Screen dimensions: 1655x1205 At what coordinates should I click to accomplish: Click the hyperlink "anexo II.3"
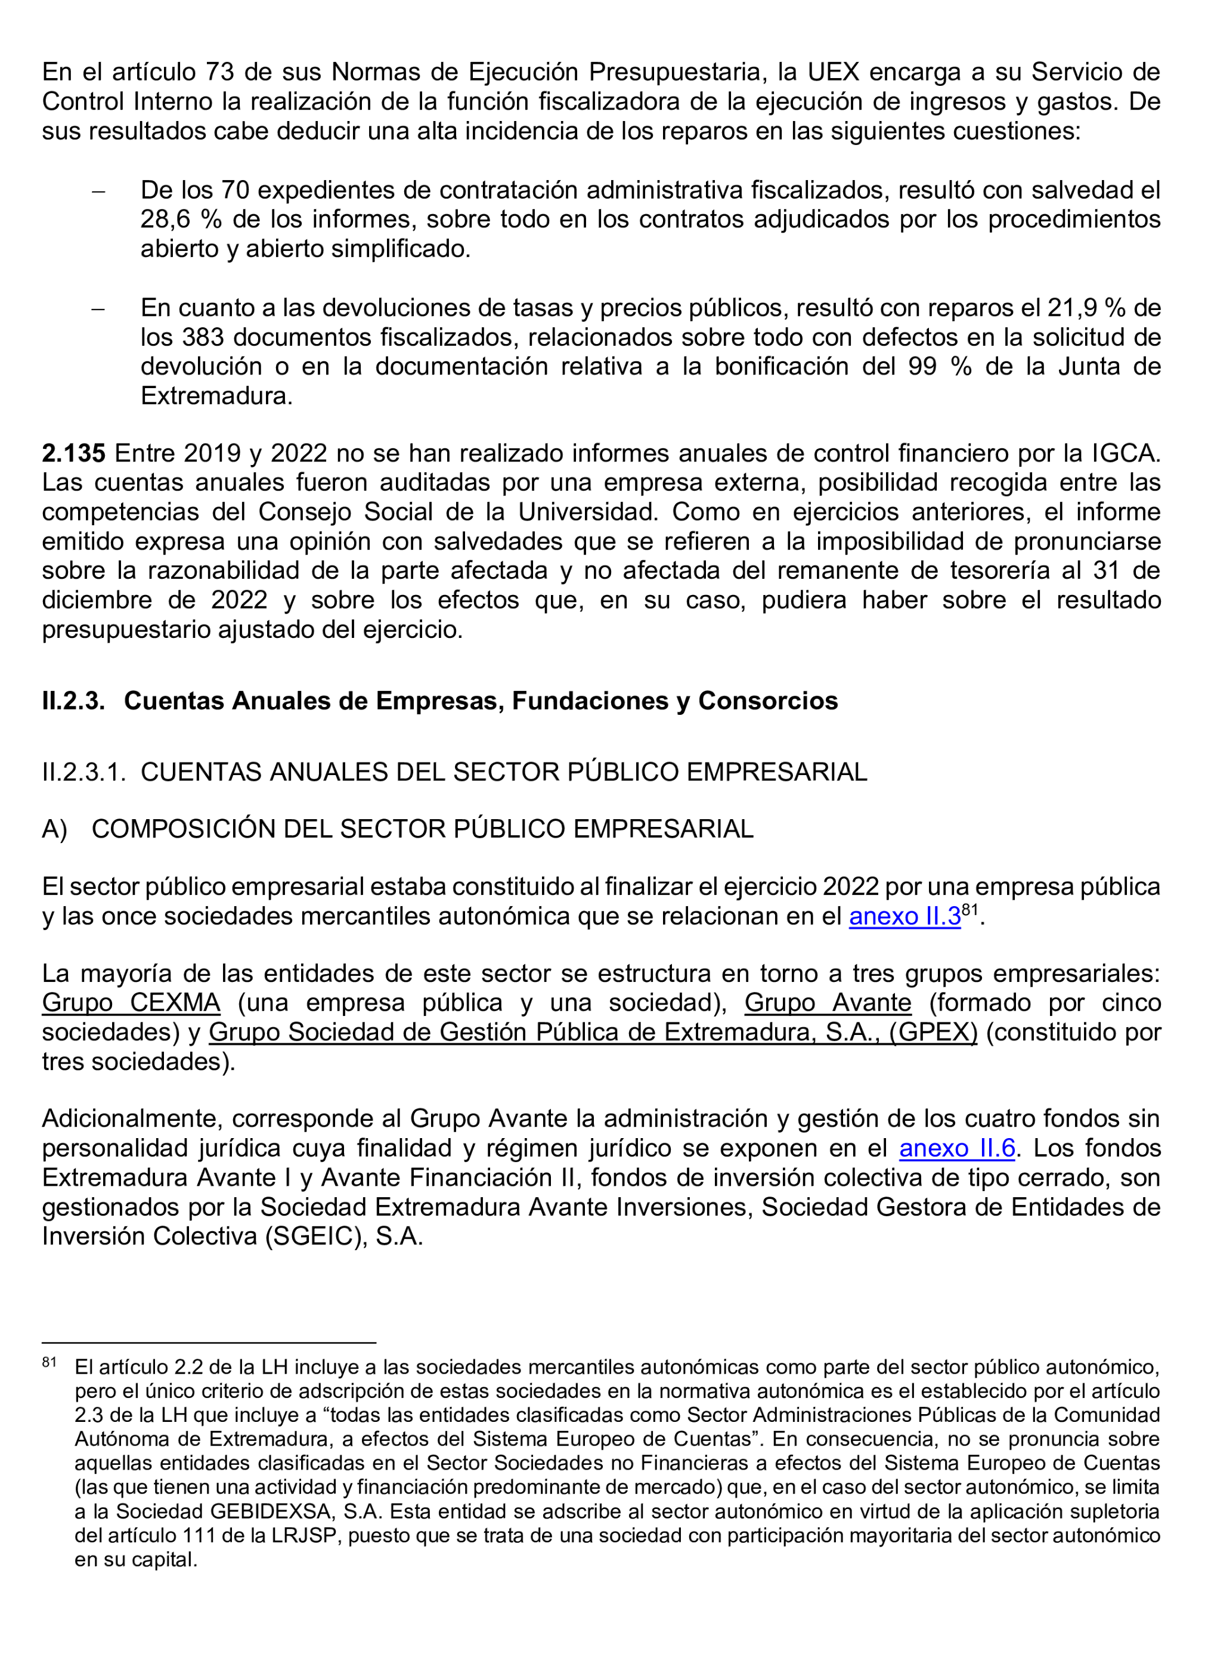904,916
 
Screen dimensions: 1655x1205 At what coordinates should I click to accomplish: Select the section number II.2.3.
73,701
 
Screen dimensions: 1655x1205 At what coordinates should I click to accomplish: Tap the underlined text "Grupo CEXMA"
131,1003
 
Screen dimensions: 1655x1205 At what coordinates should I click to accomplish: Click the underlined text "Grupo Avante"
828,1003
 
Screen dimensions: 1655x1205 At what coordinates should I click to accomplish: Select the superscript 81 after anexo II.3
970,909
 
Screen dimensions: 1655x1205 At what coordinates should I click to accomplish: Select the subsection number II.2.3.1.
84,772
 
